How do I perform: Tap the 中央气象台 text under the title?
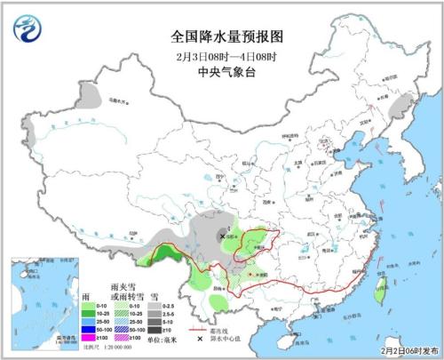[x=221, y=73]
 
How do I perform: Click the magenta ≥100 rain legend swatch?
[x=90, y=338]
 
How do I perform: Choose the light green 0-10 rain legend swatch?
[x=90, y=305]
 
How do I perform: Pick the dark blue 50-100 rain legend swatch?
[x=90, y=327]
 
